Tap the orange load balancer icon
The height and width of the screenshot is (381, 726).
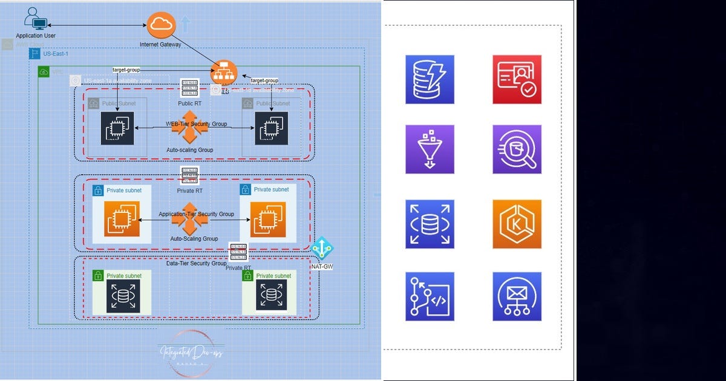click(x=223, y=72)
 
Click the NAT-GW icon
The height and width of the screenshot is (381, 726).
click(x=321, y=248)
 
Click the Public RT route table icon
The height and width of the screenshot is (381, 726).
click(x=189, y=88)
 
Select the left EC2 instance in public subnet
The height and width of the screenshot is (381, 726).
click(x=117, y=128)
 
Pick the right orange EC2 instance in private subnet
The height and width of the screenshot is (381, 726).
click(x=263, y=219)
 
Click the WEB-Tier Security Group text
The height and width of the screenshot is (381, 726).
click(x=197, y=124)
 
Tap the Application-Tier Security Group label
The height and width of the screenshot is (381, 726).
click(x=196, y=214)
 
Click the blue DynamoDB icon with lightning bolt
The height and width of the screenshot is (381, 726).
click(x=430, y=79)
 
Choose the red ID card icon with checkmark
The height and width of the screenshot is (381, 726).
click(x=517, y=79)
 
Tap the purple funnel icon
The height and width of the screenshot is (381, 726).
click(x=430, y=149)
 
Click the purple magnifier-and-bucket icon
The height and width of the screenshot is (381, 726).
click(x=517, y=149)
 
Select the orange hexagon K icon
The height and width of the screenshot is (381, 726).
click(x=517, y=224)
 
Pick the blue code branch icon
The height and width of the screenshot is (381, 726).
click(x=430, y=296)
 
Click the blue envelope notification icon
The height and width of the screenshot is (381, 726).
click(x=517, y=296)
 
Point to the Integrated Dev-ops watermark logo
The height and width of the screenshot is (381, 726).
click(x=191, y=354)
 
